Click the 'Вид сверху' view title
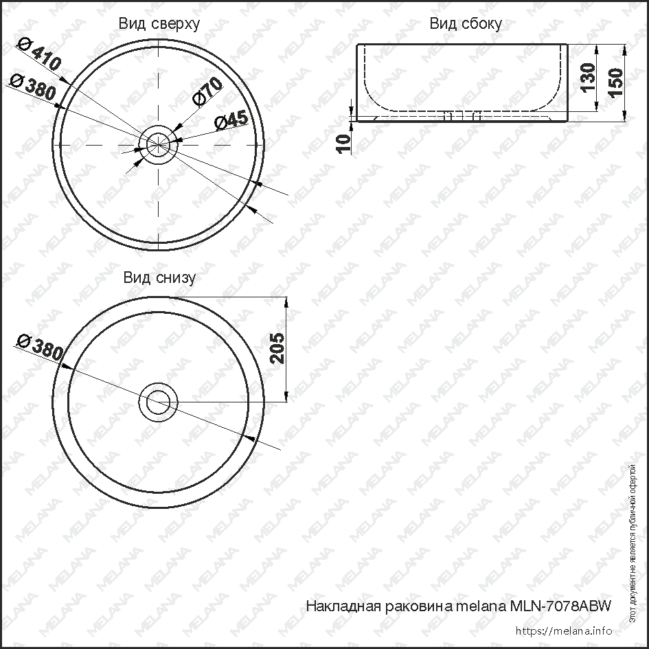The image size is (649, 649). click(x=159, y=24)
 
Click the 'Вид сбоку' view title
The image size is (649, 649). click(x=465, y=24)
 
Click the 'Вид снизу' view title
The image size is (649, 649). click(x=159, y=277)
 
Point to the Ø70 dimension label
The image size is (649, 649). click(x=207, y=91)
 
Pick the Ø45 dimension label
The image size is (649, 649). click(x=231, y=120)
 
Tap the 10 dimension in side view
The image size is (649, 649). click(x=345, y=141)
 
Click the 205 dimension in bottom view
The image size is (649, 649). click(x=275, y=349)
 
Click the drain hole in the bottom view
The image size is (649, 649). click(x=159, y=401)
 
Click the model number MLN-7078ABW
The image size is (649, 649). click(x=560, y=606)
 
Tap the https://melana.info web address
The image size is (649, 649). click(x=562, y=630)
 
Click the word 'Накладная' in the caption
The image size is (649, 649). click(x=340, y=606)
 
